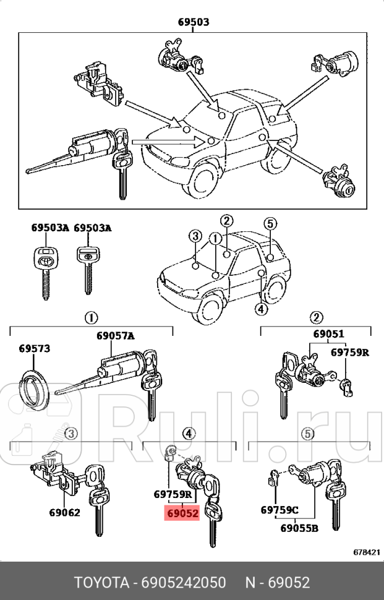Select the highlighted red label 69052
[181, 513]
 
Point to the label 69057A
[115, 336]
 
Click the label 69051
[328, 334]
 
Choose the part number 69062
[65, 512]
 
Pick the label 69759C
[279, 510]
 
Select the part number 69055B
[299, 528]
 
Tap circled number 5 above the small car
[269, 223]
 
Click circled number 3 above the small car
[194, 236]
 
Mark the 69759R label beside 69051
[349, 352]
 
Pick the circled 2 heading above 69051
[316, 318]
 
